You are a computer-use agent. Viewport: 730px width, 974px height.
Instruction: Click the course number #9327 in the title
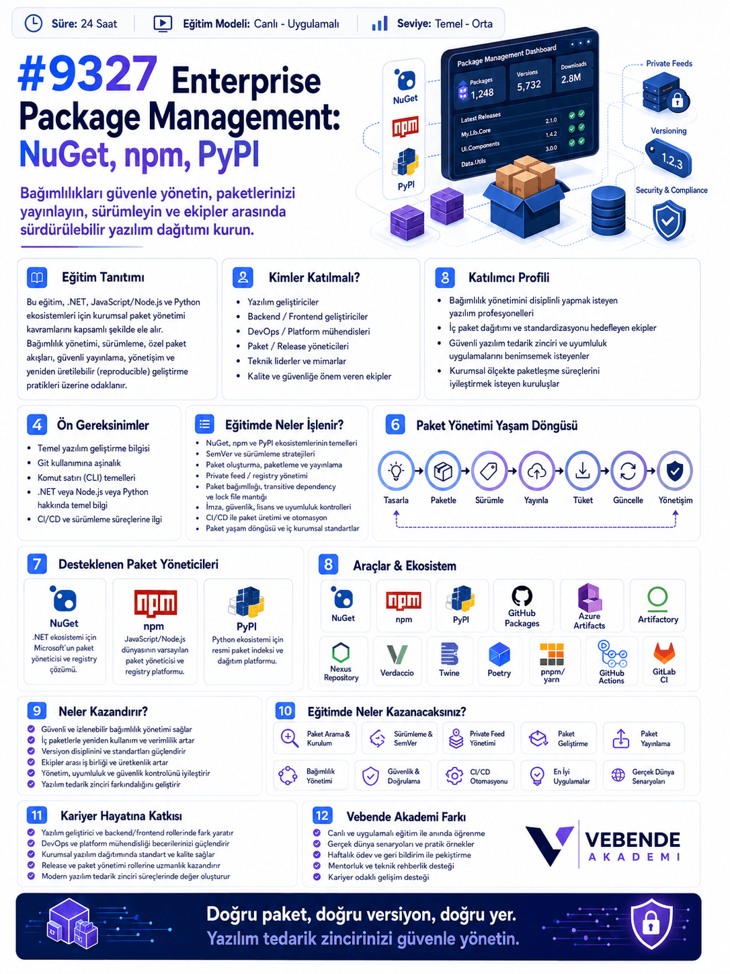coord(87,73)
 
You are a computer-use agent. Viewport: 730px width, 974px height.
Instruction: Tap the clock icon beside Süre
coord(33,23)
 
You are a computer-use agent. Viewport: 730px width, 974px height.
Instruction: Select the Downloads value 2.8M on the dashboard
coord(571,79)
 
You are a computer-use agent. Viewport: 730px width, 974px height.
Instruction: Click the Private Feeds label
coord(669,63)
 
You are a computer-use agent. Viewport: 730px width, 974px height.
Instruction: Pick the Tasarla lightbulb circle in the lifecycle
coord(396,471)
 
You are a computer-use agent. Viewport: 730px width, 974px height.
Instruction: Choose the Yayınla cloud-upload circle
coord(536,471)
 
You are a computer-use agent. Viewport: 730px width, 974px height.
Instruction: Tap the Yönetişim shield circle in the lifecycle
coord(675,471)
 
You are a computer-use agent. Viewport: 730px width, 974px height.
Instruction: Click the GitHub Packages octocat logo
coord(522,595)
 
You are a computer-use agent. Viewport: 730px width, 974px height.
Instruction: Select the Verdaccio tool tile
coord(397,661)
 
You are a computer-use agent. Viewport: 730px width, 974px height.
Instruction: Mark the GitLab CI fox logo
coord(664,653)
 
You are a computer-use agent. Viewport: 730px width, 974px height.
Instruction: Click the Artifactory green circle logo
coord(657,597)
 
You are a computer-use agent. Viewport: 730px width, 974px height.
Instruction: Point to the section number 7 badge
coord(37,564)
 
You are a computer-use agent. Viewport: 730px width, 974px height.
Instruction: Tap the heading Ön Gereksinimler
coord(103,425)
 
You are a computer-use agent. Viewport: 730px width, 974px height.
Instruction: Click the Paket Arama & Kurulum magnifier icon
coord(290,738)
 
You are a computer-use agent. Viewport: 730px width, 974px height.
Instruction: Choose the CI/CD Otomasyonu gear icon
coord(454,776)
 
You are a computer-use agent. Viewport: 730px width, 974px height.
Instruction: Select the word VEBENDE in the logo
coord(633,840)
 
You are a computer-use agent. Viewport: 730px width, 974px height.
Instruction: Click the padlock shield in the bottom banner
coord(651,926)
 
